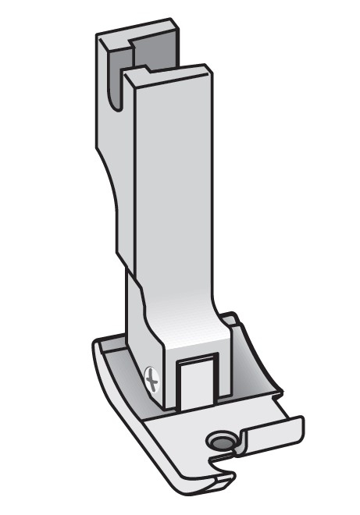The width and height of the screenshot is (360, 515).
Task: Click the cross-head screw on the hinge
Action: pos(152,381)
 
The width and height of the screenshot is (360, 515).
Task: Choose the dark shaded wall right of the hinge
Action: pos(254,375)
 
